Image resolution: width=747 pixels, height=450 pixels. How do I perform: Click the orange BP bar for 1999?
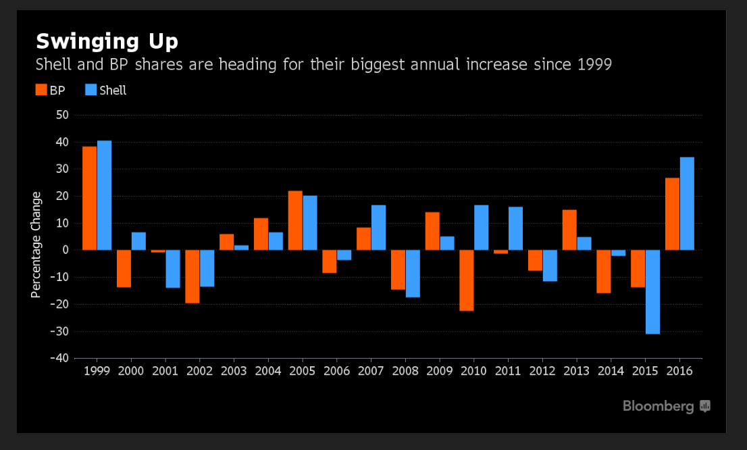90,198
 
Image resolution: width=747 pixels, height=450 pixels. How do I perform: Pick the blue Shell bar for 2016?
687,203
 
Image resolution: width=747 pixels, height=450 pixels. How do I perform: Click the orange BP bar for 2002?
192,276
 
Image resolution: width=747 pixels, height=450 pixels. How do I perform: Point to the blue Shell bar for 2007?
378,228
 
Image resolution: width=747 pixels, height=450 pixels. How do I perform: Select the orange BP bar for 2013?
569,230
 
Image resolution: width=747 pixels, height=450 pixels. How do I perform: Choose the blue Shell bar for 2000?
138,241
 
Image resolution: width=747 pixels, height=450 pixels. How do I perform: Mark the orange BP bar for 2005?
295,220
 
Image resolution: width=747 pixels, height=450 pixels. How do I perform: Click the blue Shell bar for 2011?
516,228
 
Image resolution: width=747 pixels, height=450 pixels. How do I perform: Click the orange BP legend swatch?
41,90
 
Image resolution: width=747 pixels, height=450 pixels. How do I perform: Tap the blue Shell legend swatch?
91,90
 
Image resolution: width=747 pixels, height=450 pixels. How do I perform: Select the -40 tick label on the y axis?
59,358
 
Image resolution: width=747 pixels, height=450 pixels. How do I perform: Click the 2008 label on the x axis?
405,371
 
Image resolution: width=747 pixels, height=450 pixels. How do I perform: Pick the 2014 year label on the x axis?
611,371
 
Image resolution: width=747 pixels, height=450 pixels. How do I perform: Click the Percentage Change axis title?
36,244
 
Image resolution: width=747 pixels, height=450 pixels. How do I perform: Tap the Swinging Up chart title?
107,41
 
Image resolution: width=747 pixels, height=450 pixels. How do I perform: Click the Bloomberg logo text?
659,406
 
